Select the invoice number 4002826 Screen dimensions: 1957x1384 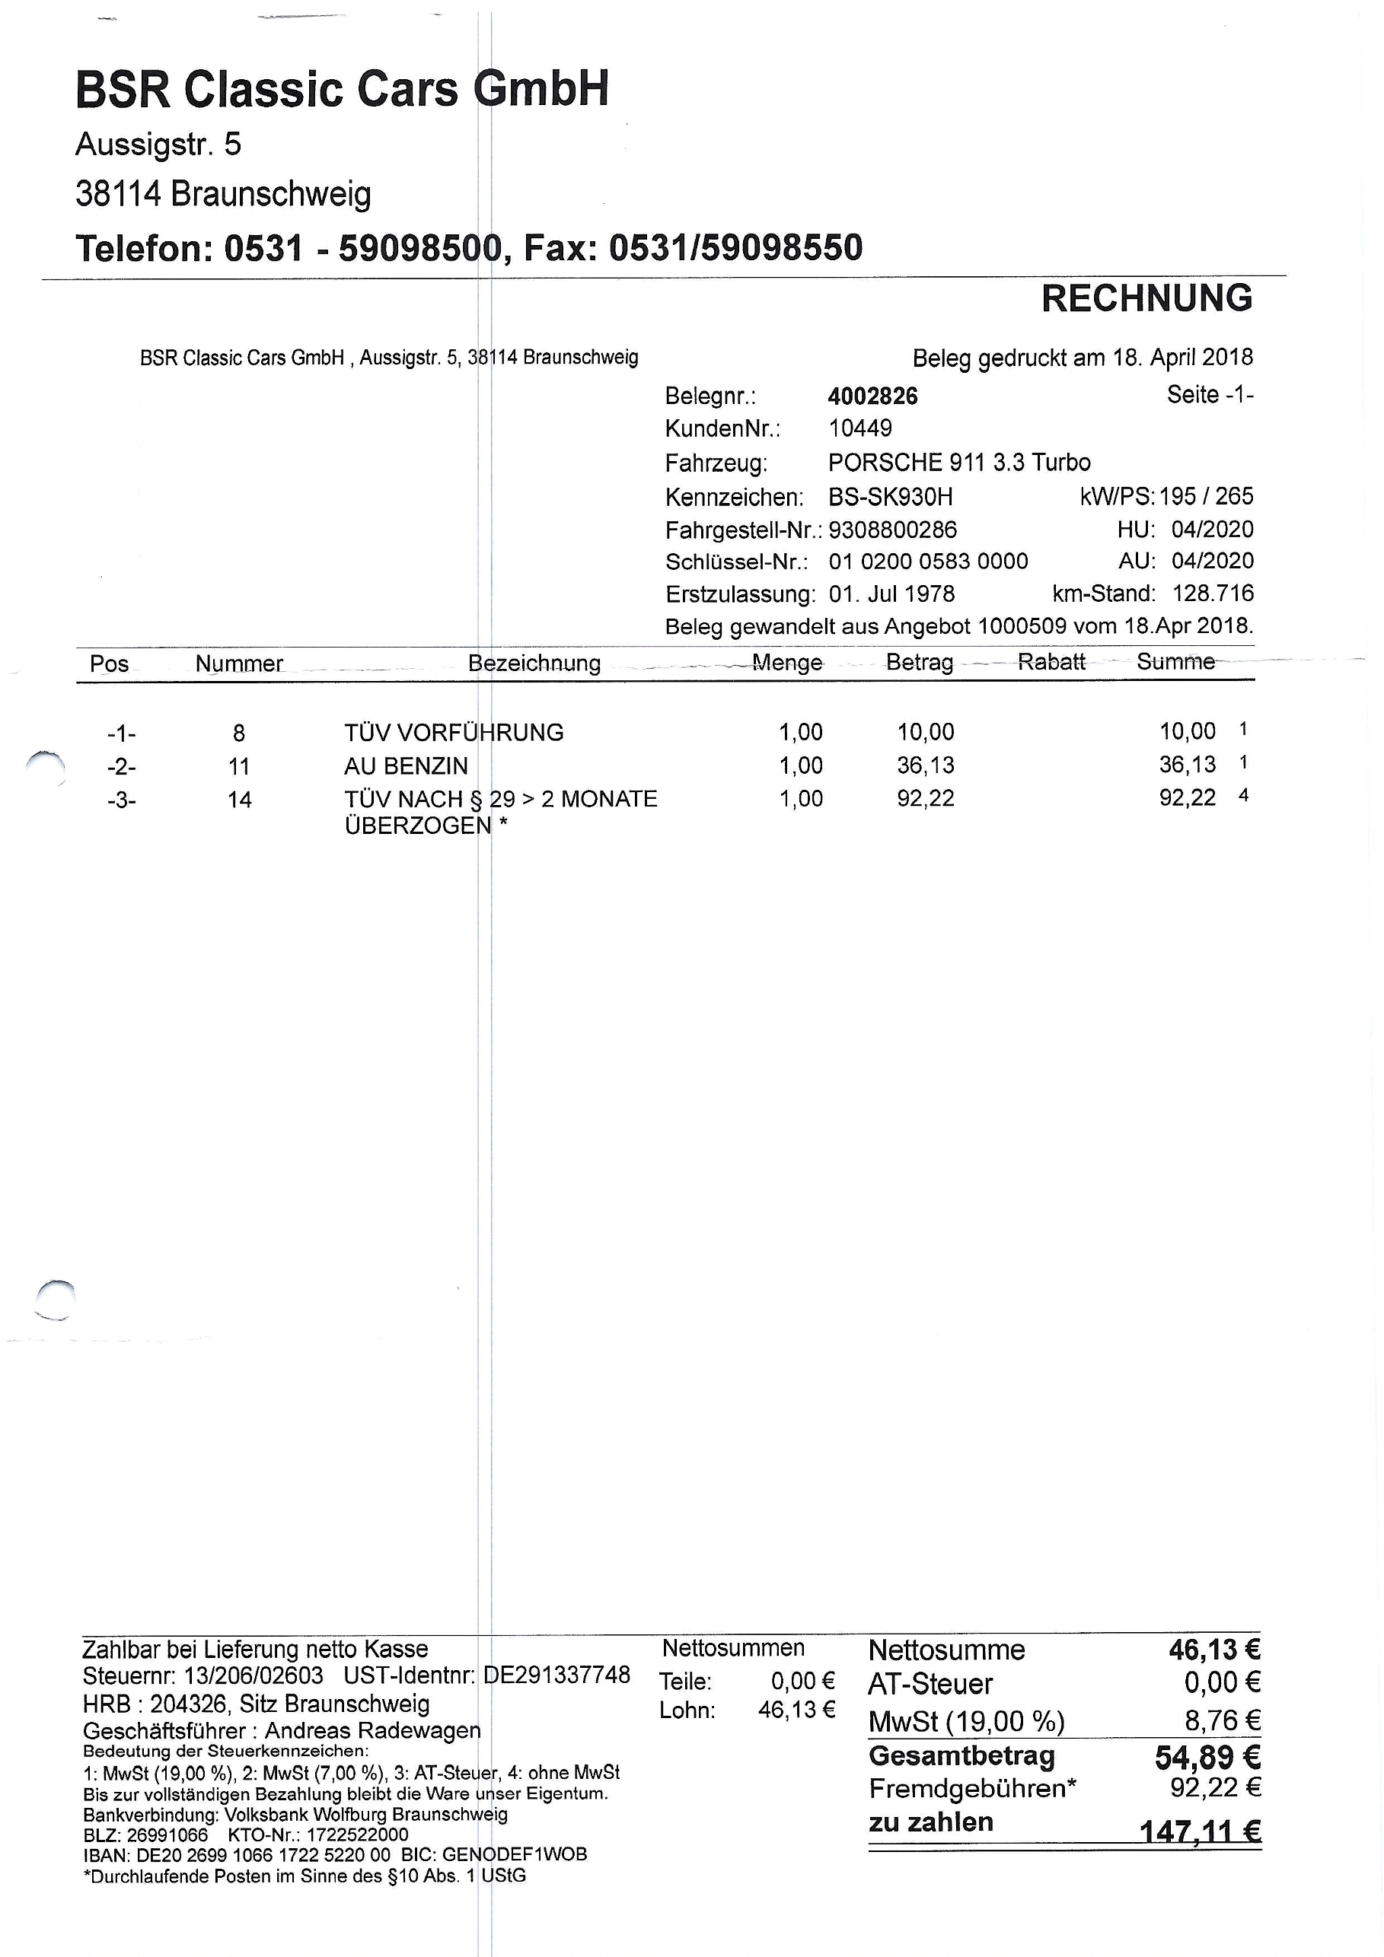[x=872, y=396]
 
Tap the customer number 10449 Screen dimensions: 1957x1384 [x=859, y=428]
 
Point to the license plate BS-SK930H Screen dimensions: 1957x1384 [x=890, y=496]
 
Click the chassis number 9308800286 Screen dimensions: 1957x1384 [x=892, y=530]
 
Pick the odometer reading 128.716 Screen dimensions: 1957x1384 [x=1212, y=593]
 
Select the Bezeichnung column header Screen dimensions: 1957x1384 [x=534, y=663]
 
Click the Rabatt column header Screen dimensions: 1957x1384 [x=1051, y=662]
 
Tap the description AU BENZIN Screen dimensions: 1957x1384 [x=406, y=766]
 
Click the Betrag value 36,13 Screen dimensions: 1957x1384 [x=925, y=765]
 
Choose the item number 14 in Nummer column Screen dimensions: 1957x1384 [x=240, y=800]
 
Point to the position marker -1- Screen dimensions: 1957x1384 [x=121, y=733]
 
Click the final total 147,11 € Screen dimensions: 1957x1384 [x=1200, y=1831]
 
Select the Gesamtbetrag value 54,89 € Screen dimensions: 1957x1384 [x=1207, y=1757]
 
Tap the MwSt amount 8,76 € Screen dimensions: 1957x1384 [x=1221, y=1720]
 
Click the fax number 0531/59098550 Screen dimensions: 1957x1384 [x=735, y=248]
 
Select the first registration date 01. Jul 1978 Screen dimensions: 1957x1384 [x=891, y=594]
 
